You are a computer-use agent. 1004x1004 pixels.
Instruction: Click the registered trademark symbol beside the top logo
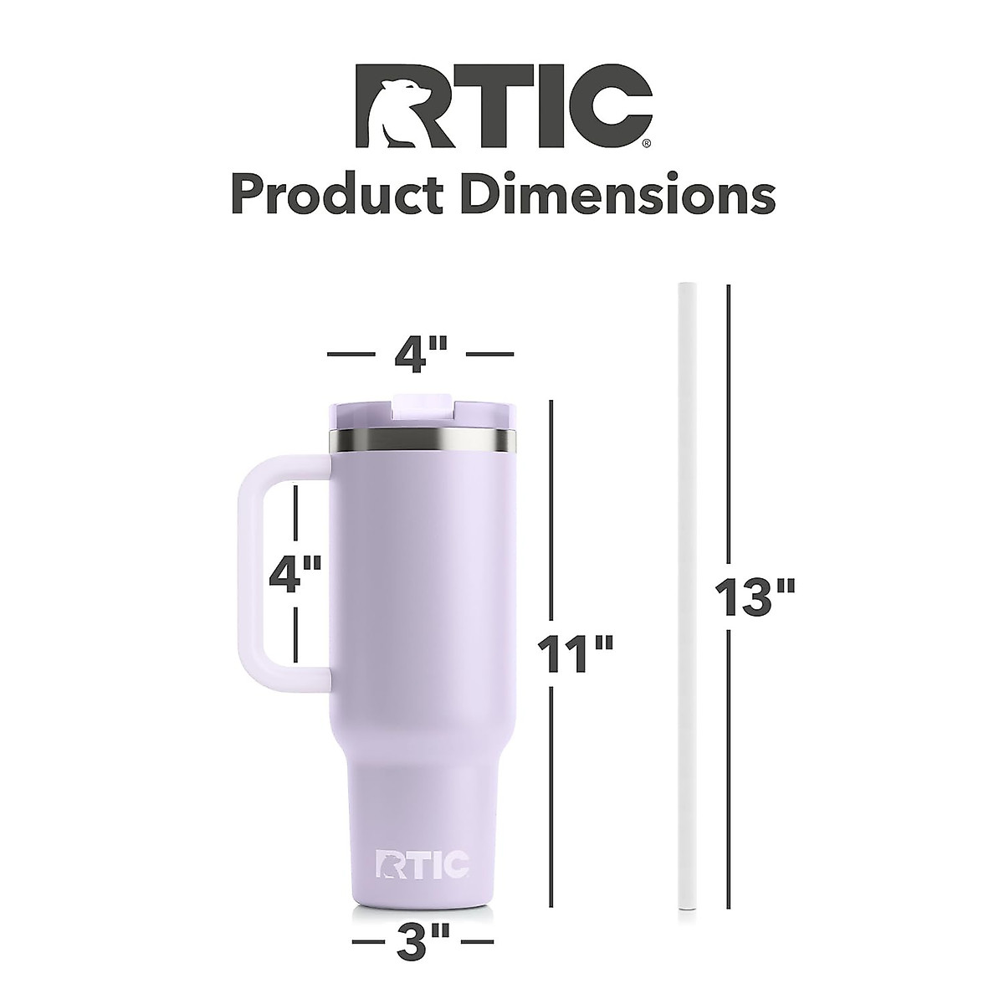pos(644,143)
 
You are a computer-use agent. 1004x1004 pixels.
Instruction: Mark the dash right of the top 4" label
pos(489,355)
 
